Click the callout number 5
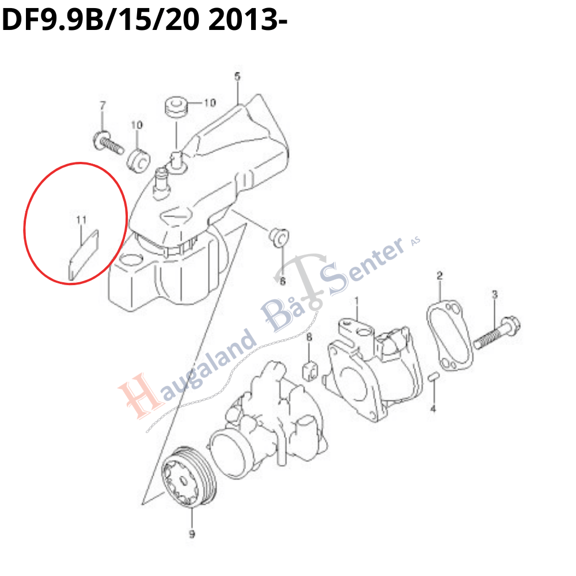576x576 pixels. [x=237, y=77]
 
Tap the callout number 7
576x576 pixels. [x=103, y=105]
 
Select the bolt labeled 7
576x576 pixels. [x=108, y=143]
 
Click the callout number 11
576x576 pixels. [x=81, y=219]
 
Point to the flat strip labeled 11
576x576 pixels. [x=84, y=255]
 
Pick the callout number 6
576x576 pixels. [x=282, y=281]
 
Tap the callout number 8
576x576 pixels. [x=309, y=336]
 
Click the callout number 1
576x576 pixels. [x=355, y=301]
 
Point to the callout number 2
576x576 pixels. [x=439, y=275]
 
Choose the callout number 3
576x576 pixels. [x=494, y=294]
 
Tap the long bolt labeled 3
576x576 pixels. [x=497, y=332]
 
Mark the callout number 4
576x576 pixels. [x=433, y=408]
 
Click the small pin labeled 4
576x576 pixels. [x=434, y=377]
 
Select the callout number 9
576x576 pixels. [x=192, y=534]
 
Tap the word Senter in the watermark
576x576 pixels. [x=362, y=266]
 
